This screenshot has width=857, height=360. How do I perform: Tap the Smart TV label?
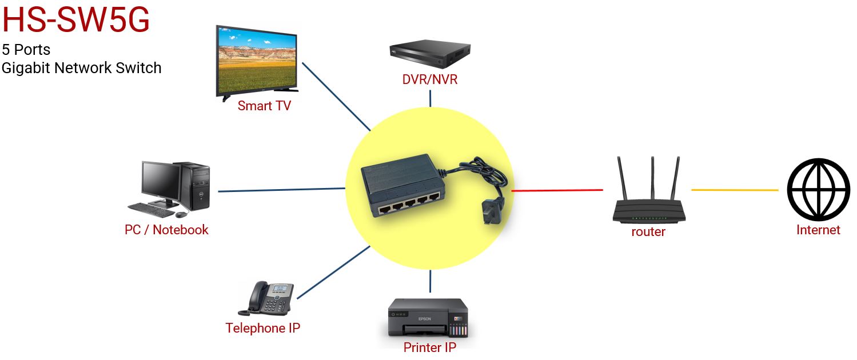(264, 106)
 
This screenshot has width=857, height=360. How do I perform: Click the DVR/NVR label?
(430, 79)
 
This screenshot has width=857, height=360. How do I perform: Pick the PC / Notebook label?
(166, 230)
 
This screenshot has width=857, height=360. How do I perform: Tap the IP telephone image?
(266, 298)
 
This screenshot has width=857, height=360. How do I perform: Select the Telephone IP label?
(262, 328)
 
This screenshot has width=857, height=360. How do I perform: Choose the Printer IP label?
(429, 347)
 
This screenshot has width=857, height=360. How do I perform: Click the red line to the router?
(557, 190)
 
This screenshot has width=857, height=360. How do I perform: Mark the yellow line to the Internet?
(735, 190)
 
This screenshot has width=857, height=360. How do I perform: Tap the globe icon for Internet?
(818, 190)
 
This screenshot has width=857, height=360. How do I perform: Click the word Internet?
(818, 230)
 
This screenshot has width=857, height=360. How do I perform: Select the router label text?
(648, 231)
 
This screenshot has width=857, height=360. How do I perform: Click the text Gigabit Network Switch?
(81, 68)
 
